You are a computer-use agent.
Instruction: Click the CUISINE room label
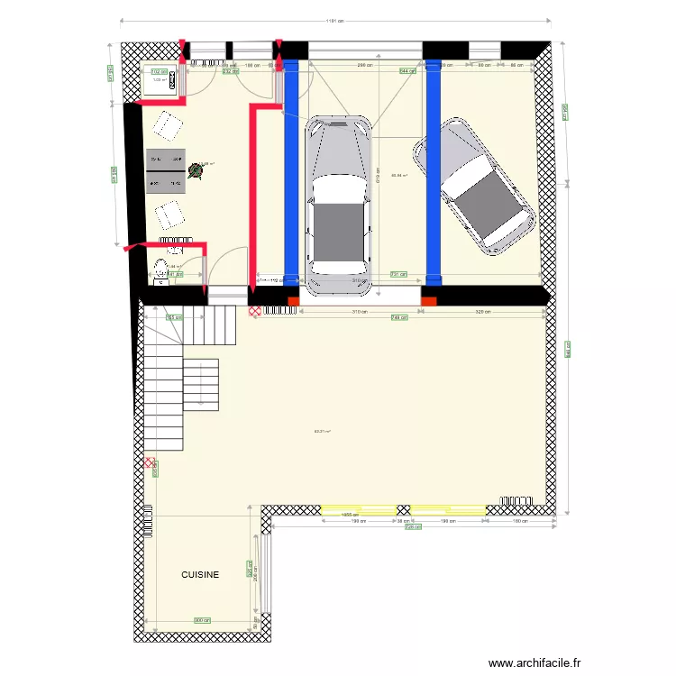[x=200, y=574]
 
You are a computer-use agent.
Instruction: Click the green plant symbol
[x=196, y=169]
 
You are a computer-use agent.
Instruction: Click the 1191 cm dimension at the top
[x=335, y=22]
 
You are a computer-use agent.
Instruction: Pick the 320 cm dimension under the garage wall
[x=483, y=311]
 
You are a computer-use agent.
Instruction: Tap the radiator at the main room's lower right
[x=512, y=499]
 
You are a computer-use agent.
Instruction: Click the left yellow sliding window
[x=358, y=510]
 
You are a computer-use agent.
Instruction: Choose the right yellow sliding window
[x=447, y=510]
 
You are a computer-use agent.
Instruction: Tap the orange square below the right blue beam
[x=430, y=300]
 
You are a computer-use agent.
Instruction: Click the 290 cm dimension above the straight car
[x=364, y=66]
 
